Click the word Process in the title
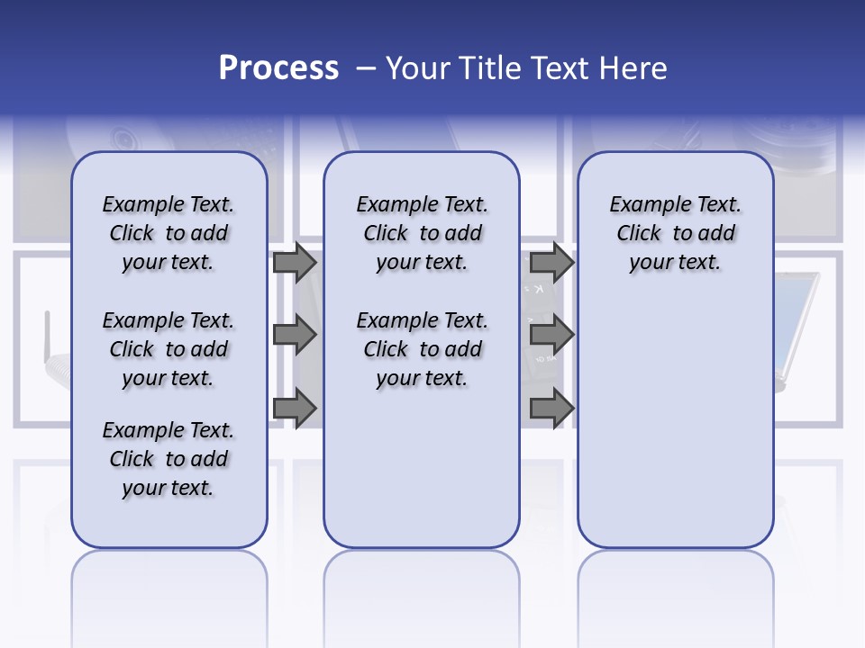click(278, 68)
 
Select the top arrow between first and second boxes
click(295, 262)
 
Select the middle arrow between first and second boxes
click(295, 336)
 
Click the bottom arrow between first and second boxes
click(295, 409)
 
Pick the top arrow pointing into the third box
click(551, 262)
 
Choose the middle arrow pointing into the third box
click(551, 336)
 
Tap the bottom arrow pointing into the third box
click(551, 409)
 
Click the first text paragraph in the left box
click(168, 233)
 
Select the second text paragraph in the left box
click(168, 349)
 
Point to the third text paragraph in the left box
click(168, 459)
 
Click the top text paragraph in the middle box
click(422, 233)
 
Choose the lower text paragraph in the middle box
click(422, 349)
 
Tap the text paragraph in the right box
click(675, 233)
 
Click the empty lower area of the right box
click(675, 423)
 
